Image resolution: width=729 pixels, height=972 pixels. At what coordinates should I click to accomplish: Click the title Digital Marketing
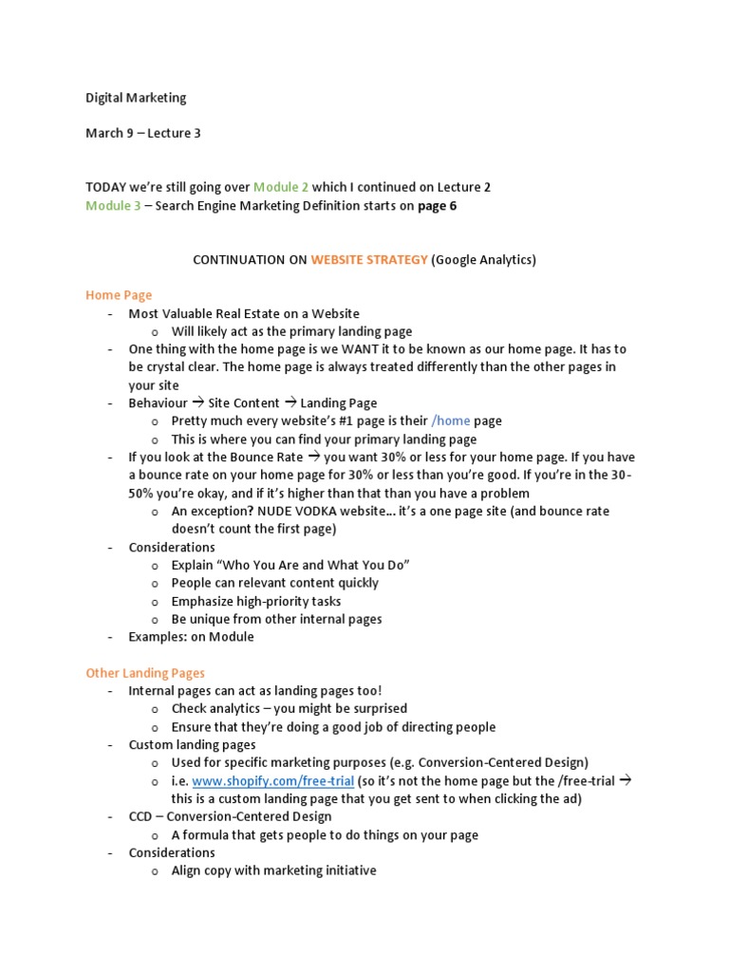136,98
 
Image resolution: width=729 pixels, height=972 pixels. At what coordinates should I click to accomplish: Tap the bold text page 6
438,206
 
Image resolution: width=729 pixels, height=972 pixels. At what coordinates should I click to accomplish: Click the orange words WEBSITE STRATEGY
369,260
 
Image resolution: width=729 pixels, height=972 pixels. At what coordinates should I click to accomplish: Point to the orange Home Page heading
119,295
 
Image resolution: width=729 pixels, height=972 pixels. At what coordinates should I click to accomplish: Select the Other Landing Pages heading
145,673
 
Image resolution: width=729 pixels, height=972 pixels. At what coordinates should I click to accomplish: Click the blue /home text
451,421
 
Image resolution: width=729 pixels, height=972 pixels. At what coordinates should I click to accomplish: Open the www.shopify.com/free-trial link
273,781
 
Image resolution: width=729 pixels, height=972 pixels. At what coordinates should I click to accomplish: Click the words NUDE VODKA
279,511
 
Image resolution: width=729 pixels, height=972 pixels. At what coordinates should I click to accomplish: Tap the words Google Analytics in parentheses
483,260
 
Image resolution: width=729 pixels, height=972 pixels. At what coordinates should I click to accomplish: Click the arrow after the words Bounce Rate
314,457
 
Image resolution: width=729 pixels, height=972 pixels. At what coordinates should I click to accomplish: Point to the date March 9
109,134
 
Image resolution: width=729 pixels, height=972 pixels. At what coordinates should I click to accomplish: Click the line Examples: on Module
191,637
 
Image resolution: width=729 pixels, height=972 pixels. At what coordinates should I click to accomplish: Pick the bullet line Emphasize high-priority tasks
256,601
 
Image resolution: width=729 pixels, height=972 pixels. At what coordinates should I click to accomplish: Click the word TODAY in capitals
106,188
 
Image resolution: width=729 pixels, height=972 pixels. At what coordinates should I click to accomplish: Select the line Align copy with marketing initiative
273,870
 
